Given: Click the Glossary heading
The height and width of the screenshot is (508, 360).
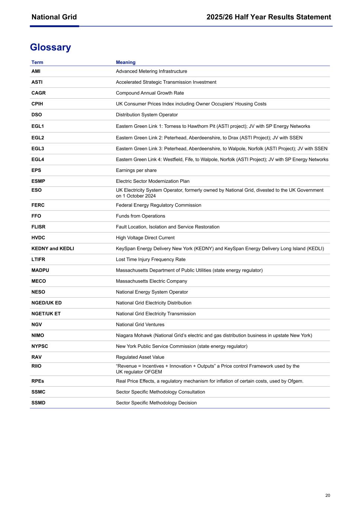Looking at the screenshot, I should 50,47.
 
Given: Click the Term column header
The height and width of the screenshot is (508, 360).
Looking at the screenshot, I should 37,62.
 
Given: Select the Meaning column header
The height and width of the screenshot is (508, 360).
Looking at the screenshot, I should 125,62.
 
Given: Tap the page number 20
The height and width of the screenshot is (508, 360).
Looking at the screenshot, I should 327,495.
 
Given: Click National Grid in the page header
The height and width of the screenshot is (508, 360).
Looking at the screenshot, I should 54,17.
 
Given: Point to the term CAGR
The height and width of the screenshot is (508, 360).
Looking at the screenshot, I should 38,93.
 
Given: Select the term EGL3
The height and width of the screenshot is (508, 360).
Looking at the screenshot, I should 38,148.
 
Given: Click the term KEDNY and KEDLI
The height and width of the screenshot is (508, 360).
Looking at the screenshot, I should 52,249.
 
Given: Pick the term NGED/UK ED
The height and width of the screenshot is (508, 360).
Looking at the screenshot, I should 46,303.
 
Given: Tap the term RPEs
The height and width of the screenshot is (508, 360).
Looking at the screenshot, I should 38,381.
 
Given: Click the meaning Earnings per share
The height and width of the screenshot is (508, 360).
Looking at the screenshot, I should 136,170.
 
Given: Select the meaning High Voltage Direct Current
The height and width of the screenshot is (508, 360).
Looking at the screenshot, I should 145,238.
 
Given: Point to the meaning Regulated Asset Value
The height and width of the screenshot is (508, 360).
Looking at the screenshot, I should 140,357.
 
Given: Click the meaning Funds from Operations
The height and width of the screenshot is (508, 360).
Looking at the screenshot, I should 140,216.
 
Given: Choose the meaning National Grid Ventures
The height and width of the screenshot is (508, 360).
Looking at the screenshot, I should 140,325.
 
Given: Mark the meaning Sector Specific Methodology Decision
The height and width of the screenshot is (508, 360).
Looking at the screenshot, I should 156,403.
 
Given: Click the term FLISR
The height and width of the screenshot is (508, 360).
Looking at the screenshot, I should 38,227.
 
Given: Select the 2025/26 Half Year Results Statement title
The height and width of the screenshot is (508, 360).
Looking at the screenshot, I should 269,17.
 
